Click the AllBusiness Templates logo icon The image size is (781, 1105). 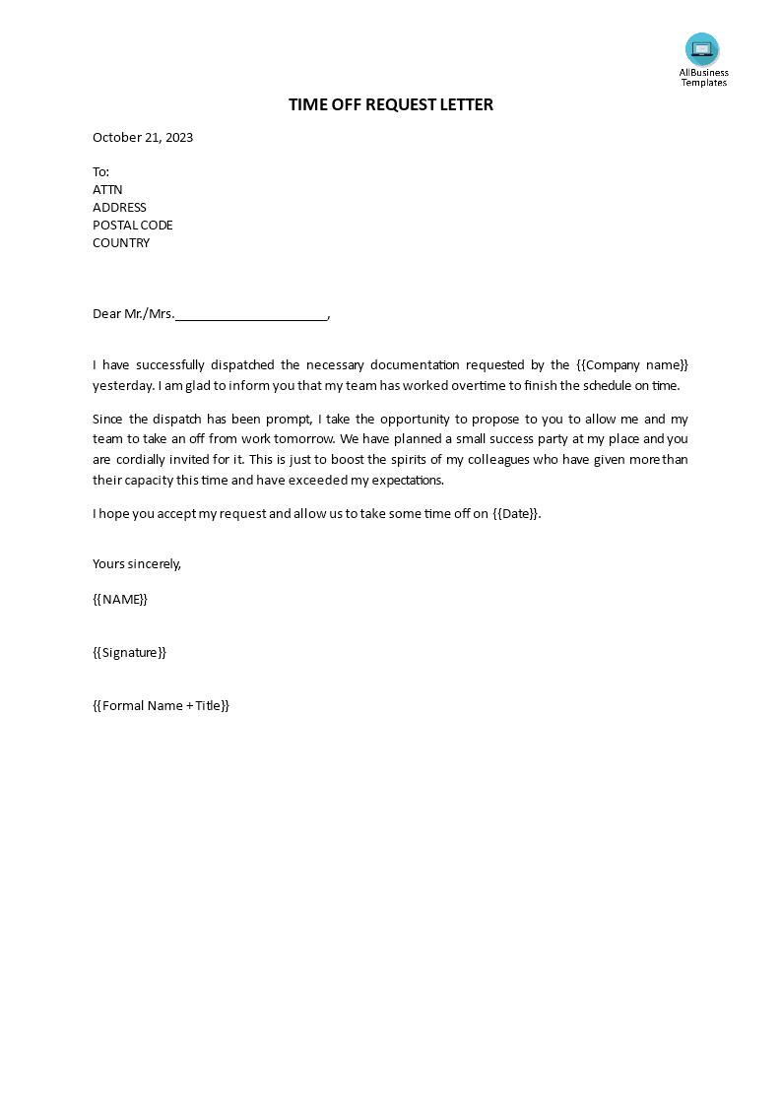coord(702,49)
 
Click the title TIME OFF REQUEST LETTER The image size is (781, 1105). coord(391,104)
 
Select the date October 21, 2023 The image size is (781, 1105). coord(143,138)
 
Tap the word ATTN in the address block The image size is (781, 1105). coord(107,190)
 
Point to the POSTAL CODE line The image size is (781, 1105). coord(133,226)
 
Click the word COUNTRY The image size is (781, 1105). coord(121,243)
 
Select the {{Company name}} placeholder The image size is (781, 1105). coord(632,364)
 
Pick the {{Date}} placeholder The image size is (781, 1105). coord(515,514)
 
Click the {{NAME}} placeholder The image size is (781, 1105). coord(120,599)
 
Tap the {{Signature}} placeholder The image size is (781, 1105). coord(129,653)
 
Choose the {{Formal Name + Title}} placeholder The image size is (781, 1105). coord(161,706)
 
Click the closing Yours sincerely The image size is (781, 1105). coord(137,564)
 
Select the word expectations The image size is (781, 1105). coord(406,481)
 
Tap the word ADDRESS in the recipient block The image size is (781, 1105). coord(119,208)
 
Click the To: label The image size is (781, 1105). coord(101,172)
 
